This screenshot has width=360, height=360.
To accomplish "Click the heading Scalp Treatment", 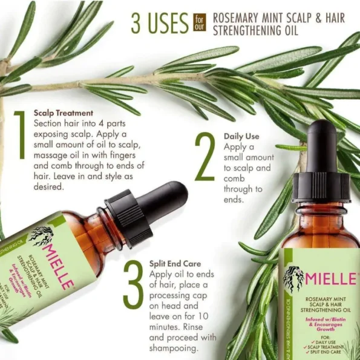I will pyautogui.click(x=64, y=113).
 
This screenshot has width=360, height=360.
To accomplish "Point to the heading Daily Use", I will pyautogui.click(x=242, y=136).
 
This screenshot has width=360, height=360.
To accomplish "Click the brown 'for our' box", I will pyautogui.click(x=199, y=24).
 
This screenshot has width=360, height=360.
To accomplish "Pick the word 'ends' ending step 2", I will pyautogui.click(x=234, y=200).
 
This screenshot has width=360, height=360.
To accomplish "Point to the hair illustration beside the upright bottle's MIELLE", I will pyautogui.click(x=293, y=280).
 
